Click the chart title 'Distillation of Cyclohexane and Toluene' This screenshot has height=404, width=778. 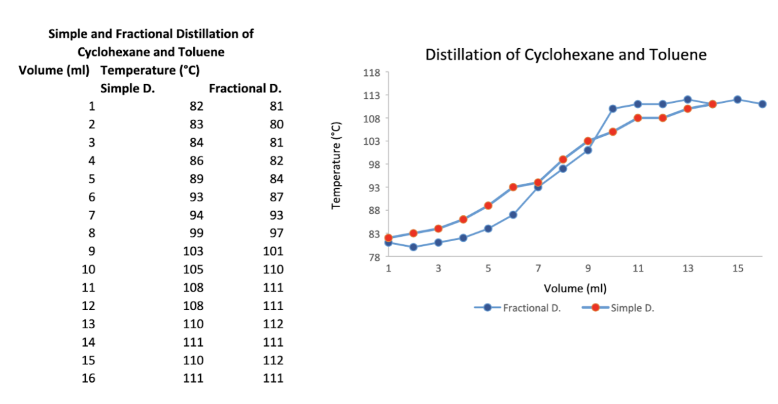pos(566,55)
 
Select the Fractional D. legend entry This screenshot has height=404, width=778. pos(531,308)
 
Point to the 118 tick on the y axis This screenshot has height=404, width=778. pos(371,73)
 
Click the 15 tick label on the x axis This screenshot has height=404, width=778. pos(738,269)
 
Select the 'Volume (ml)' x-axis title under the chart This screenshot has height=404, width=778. pos(575,288)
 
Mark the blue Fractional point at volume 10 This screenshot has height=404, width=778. pos(613,109)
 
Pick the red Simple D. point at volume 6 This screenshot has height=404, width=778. pos(513,187)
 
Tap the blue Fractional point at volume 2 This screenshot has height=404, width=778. pos(413,247)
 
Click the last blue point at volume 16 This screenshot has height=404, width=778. pos(762,104)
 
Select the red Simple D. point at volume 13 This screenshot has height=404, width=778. pos(688,109)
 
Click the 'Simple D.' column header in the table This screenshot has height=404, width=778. pos(128,88)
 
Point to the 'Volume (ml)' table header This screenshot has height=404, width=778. pos(54,69)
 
